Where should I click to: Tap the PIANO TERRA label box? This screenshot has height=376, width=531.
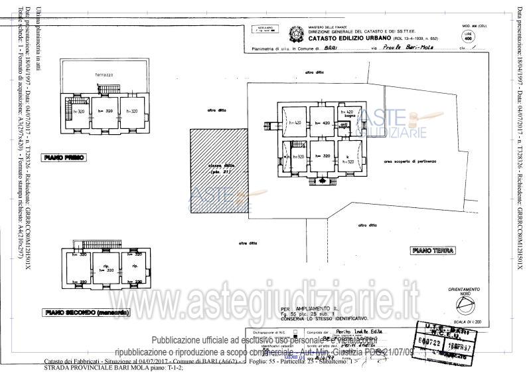click(x=432, y=250)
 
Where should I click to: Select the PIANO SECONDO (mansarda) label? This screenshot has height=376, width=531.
click(x=87, y=312)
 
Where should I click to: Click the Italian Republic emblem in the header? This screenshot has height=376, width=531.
click(x=292, y=31)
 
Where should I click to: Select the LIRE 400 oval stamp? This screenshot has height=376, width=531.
click(x=469, y=37)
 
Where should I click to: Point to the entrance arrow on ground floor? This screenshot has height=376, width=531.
click(x=323, y=180)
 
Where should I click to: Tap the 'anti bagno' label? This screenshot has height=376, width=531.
click(x=344, y=126)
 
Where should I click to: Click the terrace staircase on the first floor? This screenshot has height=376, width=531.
click(x=115, y=89)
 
